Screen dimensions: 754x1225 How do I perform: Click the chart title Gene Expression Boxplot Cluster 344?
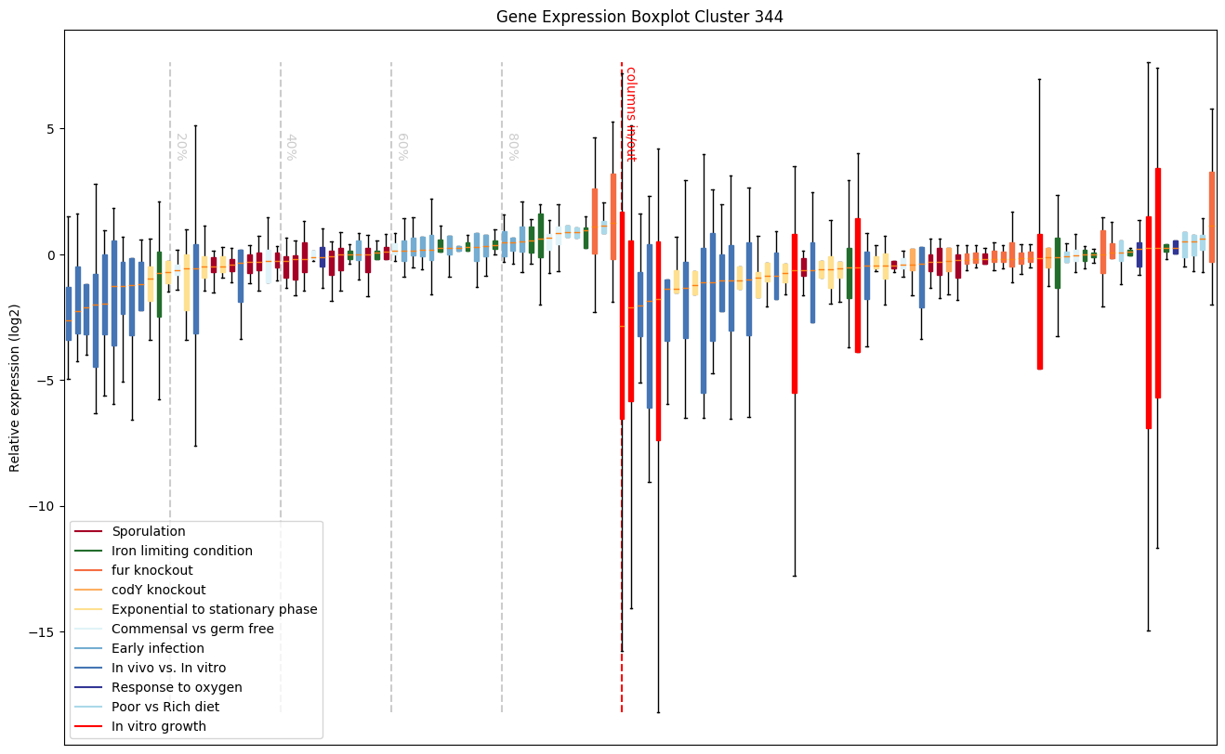[x=639, y=17]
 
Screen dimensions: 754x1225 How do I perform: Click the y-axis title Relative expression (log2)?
[x=15, y=386]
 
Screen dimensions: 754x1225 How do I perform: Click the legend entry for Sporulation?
[x=149, y=531]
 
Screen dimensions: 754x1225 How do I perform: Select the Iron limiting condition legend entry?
[x=182, y=551]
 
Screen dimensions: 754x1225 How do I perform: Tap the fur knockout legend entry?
[x=152, y=570]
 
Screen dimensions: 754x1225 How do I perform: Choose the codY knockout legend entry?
[x=159, y=590]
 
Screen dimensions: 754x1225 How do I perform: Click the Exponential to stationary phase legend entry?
[x=215, y=609]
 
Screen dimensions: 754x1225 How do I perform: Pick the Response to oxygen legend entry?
[x=177, y=687]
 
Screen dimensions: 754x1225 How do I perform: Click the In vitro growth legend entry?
[x=159, y=726]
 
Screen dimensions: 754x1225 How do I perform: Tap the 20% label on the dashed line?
[x=181, y=147]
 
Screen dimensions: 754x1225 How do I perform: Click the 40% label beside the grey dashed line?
[x=291, y=147]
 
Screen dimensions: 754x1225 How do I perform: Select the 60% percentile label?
[x=402, y=147]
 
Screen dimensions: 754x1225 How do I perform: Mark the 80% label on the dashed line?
[x=512, y=147]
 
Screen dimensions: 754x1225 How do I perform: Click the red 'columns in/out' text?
[x=630, y=113]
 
